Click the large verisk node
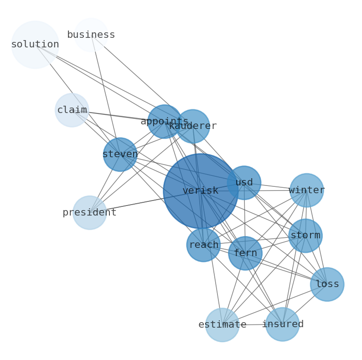[201, 191]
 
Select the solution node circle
[35, 45]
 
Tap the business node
[91, 35]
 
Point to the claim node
[72, 110]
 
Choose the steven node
[120, 154]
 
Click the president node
[89, 212]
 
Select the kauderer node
[193, 126]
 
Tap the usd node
[244, 183]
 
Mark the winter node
[306, 190]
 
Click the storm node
[305, 236]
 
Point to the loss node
[327, 284]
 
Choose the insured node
[283, 324]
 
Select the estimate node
[222, 325]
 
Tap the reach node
[203, 245]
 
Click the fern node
[245, 253]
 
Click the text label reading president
[89, 212]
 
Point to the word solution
[35, 45]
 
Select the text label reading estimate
[222, 325]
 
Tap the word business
[91, 35]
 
